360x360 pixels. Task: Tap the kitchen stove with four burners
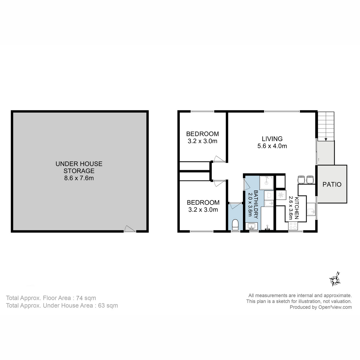click(293, 226)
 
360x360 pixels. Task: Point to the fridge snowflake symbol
click(281, 195)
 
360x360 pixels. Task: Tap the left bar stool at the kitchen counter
click(301, 179)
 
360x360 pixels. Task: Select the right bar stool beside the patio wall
click(310, 179)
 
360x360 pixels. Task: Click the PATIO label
click(332, 184)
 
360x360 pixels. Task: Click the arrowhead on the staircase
click(326, 139)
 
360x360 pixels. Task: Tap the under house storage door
click(130, 229)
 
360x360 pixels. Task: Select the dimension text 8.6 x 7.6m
click(79, 178)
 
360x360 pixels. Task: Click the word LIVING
click(272, 139)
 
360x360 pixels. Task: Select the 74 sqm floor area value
click(86, 298)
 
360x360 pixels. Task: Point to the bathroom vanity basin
click(252, 226)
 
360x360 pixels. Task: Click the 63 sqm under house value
click(108, 306)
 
